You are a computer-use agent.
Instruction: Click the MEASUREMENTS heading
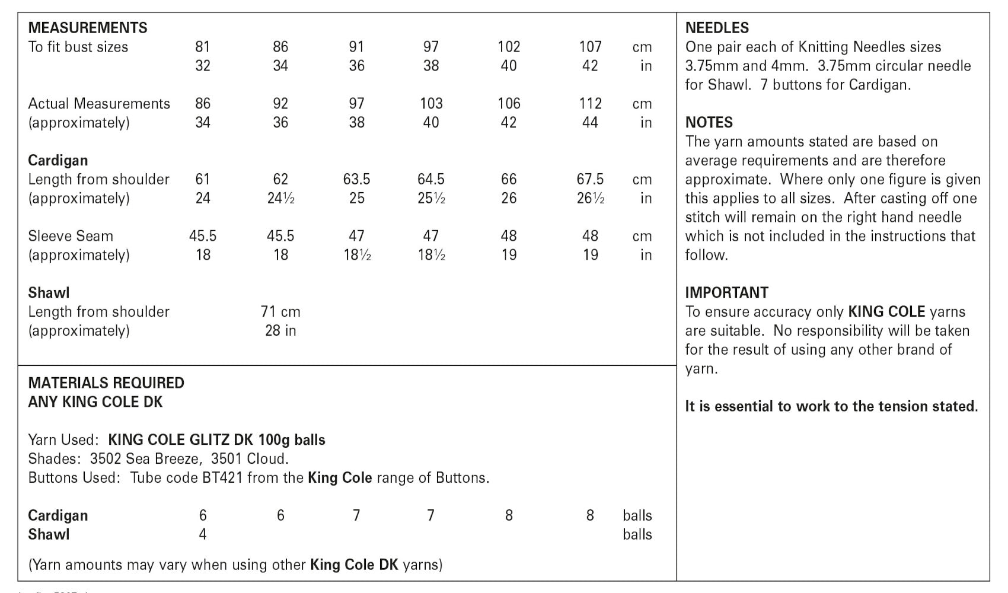click(88, 28)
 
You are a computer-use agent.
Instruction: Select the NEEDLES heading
click(717, 28)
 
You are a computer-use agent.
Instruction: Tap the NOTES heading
click(709, 123)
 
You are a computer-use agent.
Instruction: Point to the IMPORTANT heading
click(726, 293)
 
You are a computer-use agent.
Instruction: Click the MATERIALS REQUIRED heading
click(106, 383)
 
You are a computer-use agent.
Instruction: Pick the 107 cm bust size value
click(590, 47)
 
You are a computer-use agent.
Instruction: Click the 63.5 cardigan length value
click(356, 179)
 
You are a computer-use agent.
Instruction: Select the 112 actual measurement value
click(590, 104)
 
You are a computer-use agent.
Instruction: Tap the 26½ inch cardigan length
click(591, 198)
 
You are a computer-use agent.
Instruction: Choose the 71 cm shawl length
click(280, 312)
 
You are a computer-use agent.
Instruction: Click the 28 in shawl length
click(280, 331)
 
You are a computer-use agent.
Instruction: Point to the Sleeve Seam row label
click(71, 236)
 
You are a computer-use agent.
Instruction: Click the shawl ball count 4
click(203, 534)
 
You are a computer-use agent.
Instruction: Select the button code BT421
click(222, 478)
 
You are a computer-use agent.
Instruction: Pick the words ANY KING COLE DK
click(95, 402)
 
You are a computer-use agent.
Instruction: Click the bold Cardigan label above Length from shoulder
click(58, 161)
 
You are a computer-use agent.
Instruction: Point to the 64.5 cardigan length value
click(431, 179)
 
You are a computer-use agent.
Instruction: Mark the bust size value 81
click(203, 47)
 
